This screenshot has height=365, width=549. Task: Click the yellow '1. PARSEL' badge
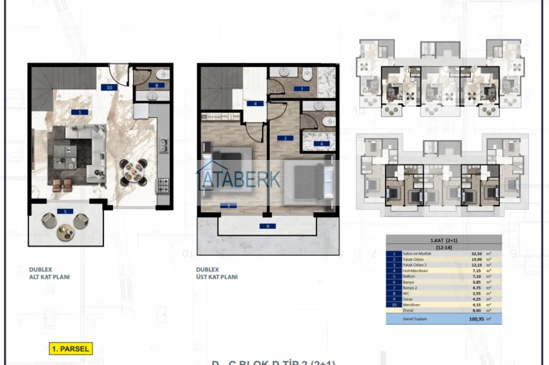tap(71, 349)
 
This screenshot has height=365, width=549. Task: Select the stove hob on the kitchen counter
tap(163, 186)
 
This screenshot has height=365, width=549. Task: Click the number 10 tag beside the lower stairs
tap(110, 86)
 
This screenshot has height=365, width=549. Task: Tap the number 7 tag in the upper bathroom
tap(300, 89)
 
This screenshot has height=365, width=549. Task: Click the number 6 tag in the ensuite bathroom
tap(321, 144)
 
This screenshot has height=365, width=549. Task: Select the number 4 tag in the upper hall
tap(256, 103)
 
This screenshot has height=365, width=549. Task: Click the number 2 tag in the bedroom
tap(284, 139)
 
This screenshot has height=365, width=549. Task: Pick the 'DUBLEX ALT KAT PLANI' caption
tap(49, 273)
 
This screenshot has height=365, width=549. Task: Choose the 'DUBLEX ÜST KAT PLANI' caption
tap(218, 273)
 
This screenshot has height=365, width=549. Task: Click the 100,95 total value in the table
tap(476, 319)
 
